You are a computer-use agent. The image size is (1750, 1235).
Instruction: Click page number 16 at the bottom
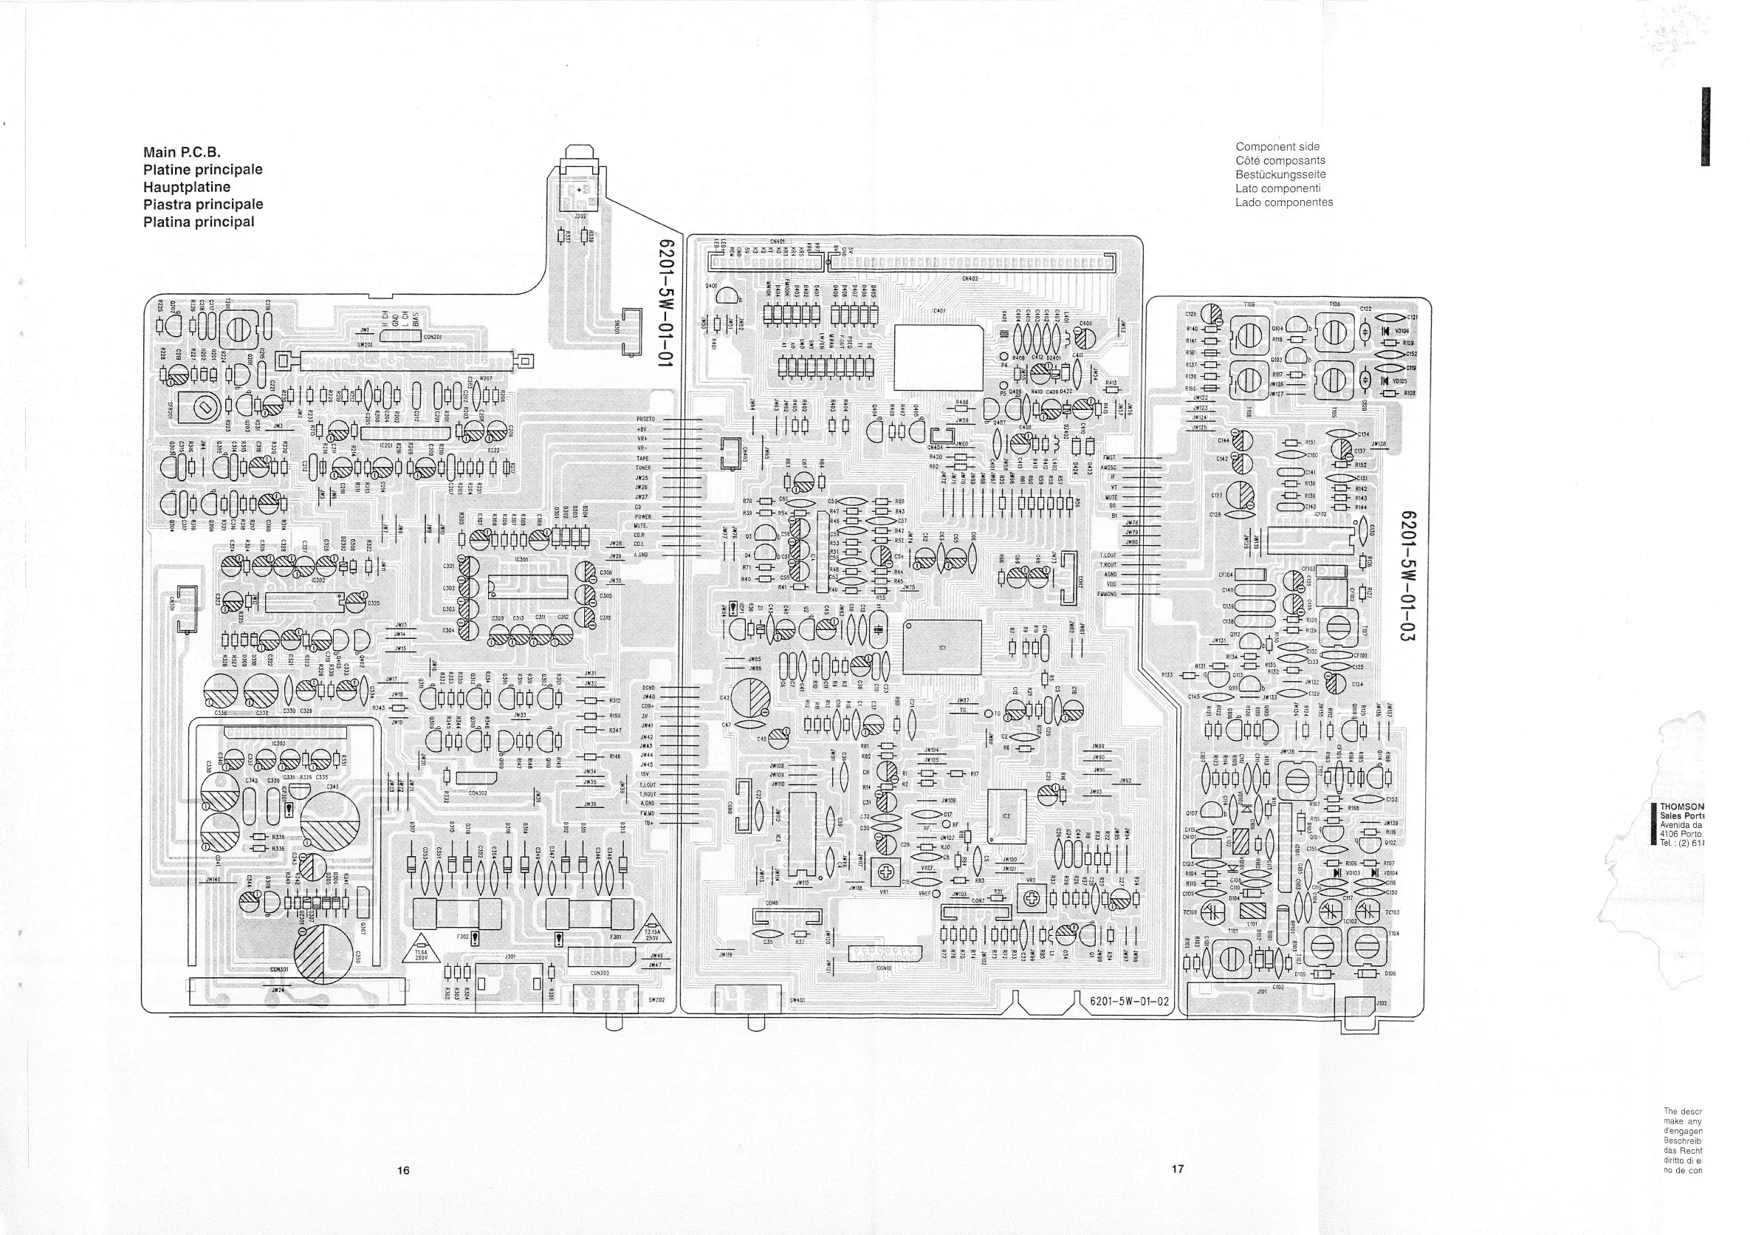(403, 1170)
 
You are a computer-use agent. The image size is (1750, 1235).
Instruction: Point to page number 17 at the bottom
(1178, 1168)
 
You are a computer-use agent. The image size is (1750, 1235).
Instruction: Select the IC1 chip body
(942, 647)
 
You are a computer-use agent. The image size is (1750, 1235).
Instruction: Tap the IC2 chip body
(1006, 815)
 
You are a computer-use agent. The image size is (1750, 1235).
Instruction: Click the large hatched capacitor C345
(329, 824)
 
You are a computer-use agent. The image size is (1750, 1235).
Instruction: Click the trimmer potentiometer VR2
(1032, 900)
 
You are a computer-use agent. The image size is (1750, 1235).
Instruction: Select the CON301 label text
(280, 970)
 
